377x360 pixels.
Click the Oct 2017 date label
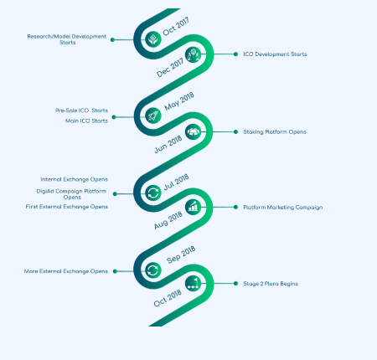(x=176, y=26)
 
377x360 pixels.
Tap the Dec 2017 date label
(x=170, y=68)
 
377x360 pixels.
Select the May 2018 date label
(x=179, y=101)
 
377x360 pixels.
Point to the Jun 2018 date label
(x=168, y=144)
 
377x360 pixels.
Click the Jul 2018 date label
(x=176, y=183)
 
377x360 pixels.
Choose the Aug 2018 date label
(x=168, y=220)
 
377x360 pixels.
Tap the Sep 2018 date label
(x=181, y=255)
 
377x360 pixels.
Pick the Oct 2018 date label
(x=168, y=298)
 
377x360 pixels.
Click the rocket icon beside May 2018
(x=153, y=116)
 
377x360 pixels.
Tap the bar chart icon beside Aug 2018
(x=193, y=207)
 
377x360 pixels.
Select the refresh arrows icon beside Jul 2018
(x=153, y=193)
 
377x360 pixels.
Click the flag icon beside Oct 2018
(x=193, y=284)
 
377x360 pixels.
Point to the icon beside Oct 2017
(x=153, y=39)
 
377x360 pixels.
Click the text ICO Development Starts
(x=275, y=54)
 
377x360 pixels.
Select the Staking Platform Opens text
(x=275, y=131)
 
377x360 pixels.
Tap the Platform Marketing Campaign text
(x=283, y=208)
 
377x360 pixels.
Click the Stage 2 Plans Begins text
(x=271, y=284)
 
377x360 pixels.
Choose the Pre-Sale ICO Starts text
(x=81, y=111)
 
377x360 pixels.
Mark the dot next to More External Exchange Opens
(x=115, y=271)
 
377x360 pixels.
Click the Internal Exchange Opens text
(x=75, y=179)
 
